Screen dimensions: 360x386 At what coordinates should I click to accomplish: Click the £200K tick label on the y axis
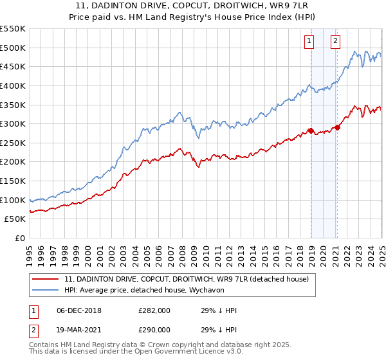(x=13, y=161)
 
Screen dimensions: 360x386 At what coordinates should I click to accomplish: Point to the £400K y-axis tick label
(x=13, y=85)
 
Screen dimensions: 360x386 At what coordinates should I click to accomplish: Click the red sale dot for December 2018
(x=311, y=131)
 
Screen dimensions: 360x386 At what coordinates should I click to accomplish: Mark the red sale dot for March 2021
(x=338, y=127)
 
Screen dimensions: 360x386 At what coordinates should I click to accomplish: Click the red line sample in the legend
(x=45, y=278)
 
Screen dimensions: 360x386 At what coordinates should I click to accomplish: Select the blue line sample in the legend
(x=45, y=290)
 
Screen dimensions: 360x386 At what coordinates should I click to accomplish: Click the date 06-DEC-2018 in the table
(x=78, y=310)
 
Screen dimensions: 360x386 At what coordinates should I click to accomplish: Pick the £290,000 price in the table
(x=154, y=329)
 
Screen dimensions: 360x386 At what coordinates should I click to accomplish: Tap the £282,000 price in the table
(x=154, y=310)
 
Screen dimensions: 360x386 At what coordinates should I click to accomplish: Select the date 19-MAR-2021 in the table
(x=78, y=329)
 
